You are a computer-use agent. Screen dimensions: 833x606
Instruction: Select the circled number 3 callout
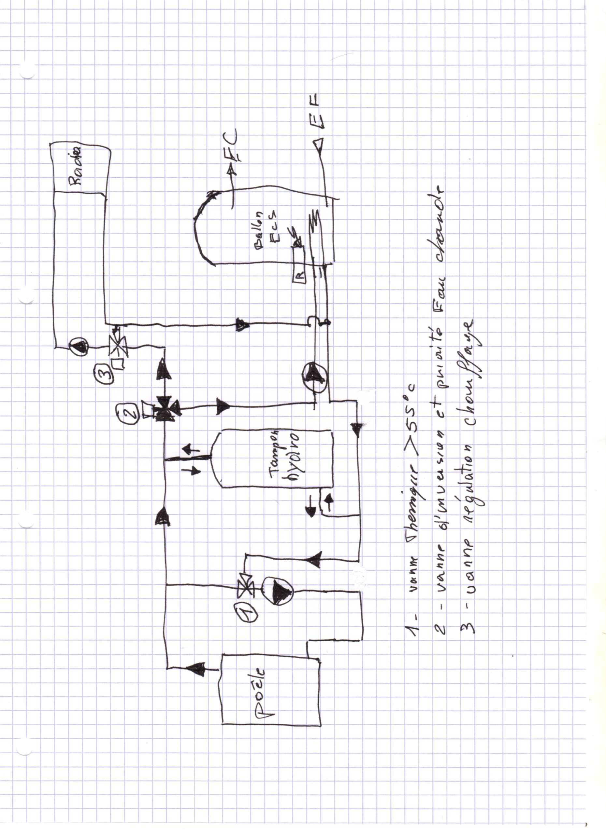[x=105, y=369]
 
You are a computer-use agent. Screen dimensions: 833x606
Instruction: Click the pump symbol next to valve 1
[x=279, y=596]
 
